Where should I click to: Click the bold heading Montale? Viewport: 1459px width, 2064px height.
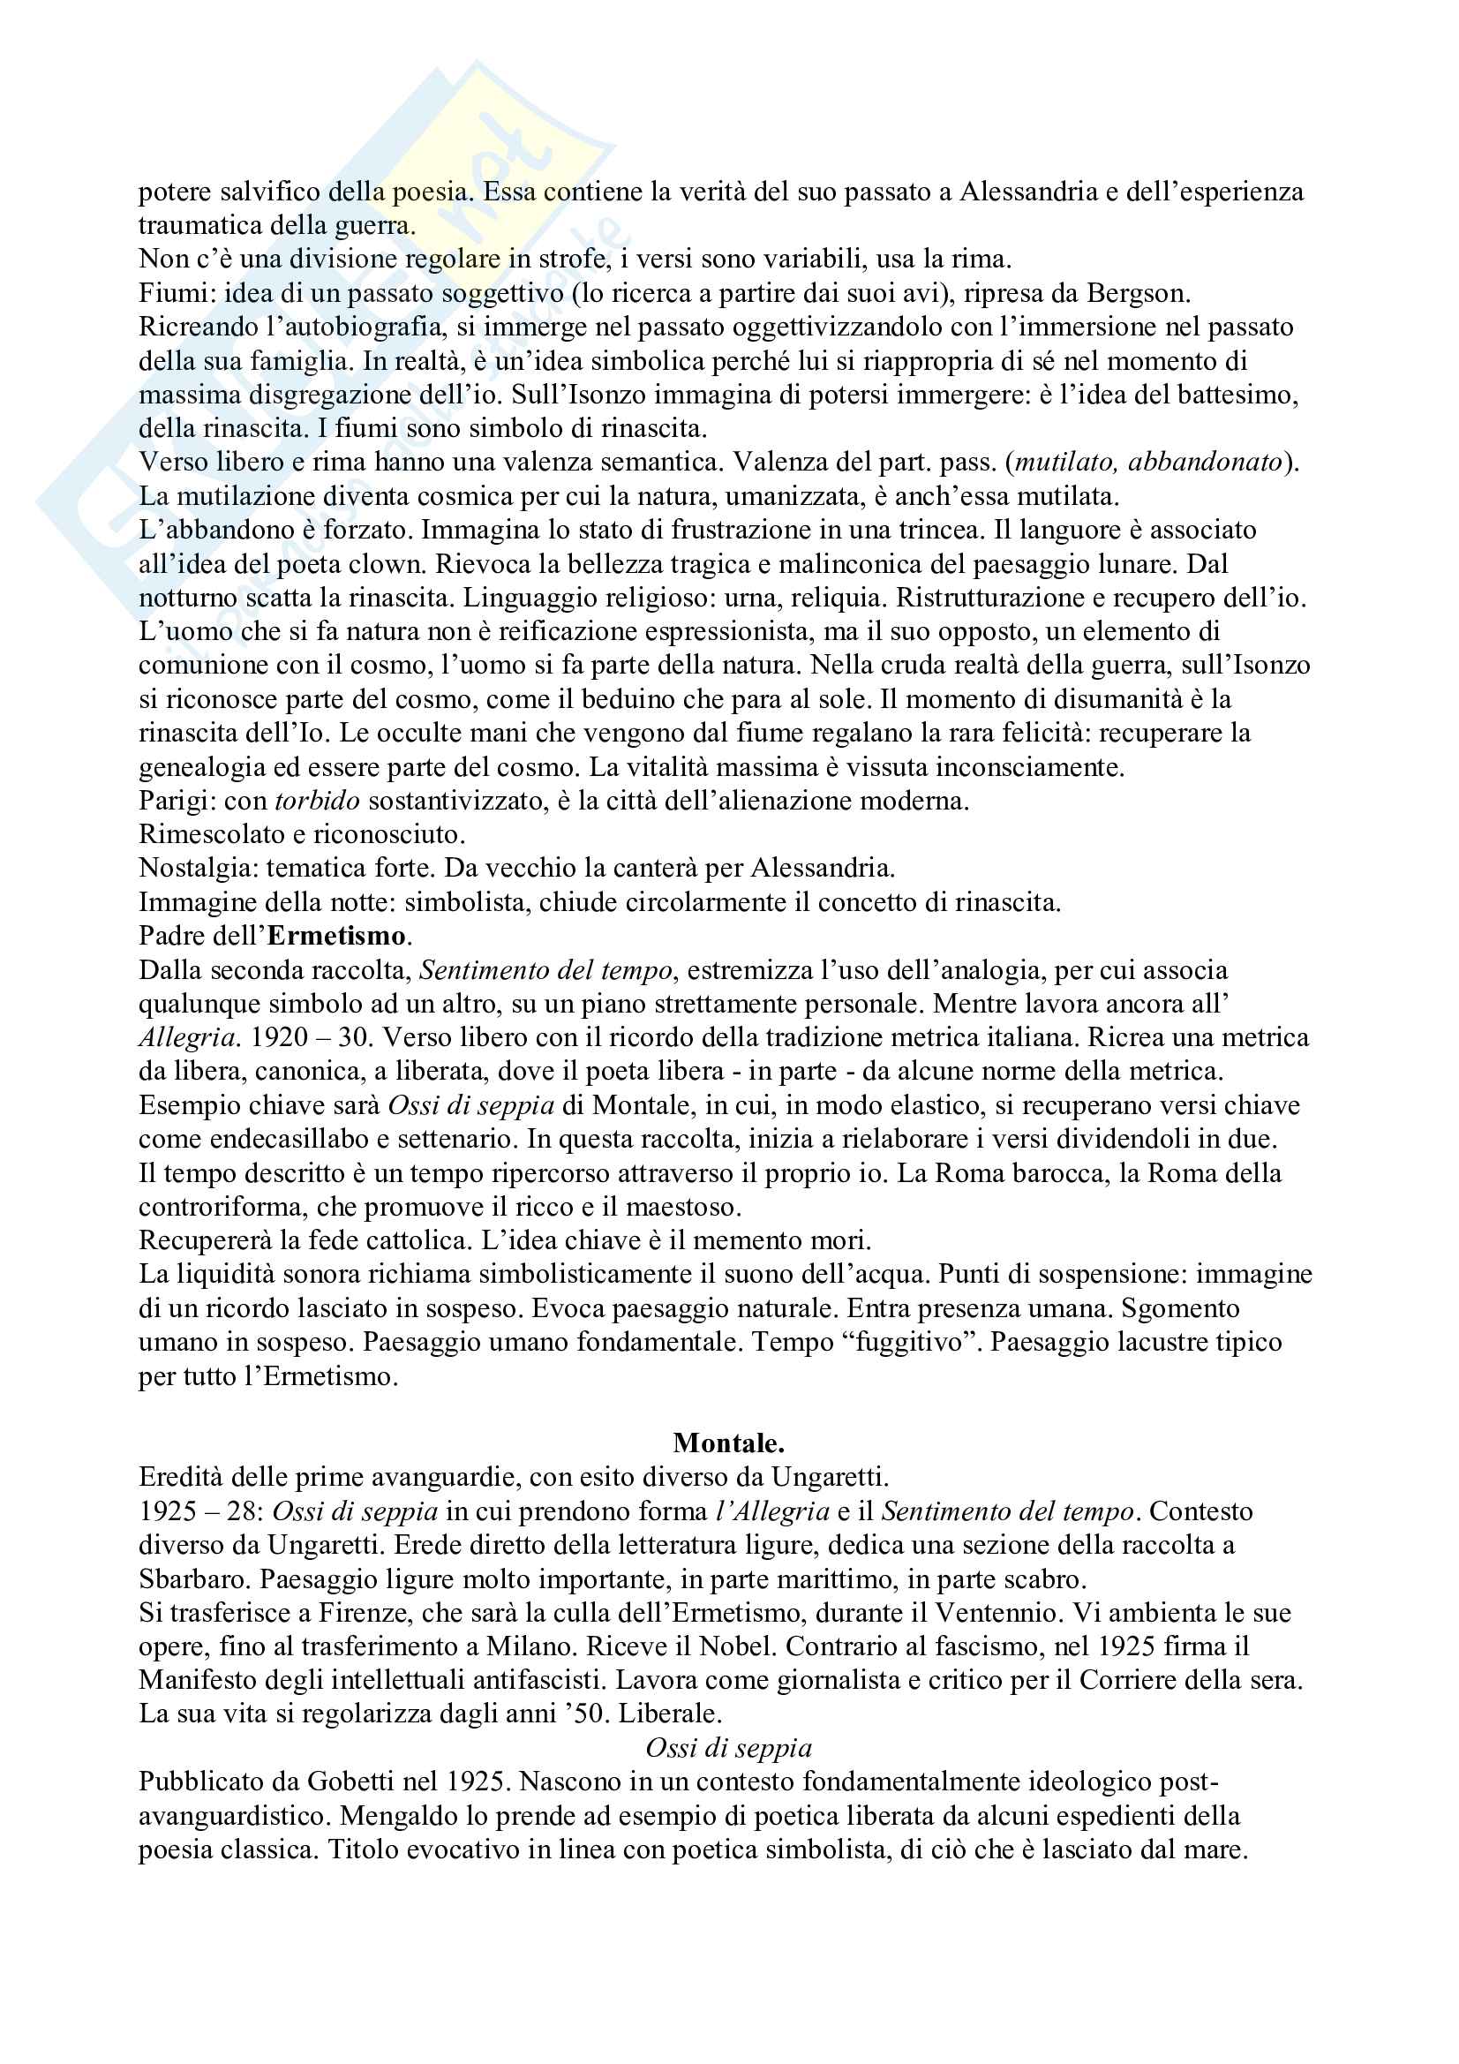(x=728, y=1443)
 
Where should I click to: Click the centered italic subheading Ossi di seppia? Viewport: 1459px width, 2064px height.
(x=728, y=1748)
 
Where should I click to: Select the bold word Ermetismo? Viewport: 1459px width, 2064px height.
(x=337, y=936)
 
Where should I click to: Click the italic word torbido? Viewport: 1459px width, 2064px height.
(x=318, y=800)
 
